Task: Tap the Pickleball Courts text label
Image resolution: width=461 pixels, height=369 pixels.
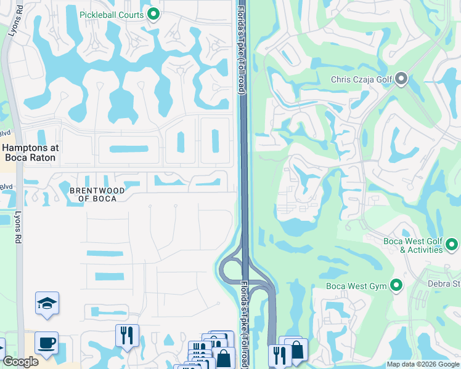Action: (x=112, y=15)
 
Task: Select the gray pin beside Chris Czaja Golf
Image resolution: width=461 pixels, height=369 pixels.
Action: (x=402, y=79)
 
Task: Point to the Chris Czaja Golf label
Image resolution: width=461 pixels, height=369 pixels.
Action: (x=361, y=79)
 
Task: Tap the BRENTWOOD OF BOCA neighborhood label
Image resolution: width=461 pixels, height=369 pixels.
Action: (x=97, y=194)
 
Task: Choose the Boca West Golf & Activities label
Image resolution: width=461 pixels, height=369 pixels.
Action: (x=413, y=245)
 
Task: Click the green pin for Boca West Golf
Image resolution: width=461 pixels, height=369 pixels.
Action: (x=452, y=245)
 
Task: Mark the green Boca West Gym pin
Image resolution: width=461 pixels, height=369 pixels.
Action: (x=396, y=286)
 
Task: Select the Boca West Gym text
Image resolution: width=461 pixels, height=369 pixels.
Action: (x=357, y=287)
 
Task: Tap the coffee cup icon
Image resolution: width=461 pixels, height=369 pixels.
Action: (x=47, y=343)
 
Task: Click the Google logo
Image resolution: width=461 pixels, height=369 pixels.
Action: (x=20, y=362)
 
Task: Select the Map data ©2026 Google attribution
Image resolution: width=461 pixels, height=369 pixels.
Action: (x=423, y=364)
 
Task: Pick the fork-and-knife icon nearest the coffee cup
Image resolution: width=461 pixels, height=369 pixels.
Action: (x=127, y=336)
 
